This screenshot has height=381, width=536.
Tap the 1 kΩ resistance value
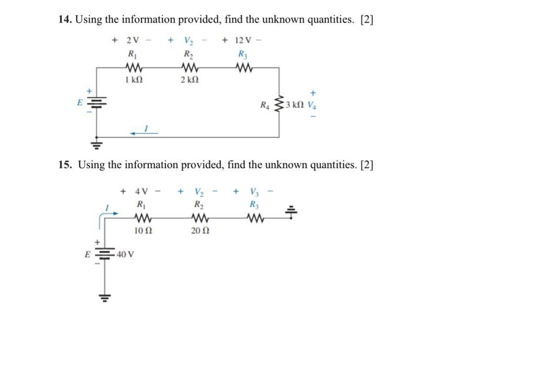click(x=133, y=80)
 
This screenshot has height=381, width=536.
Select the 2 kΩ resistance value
click(x=189, y=80)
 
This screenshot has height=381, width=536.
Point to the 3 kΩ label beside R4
click(x=295, y=105)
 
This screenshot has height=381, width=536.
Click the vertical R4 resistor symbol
click(x=279, y=104)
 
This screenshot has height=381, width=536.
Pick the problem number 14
click(x=64, y=20)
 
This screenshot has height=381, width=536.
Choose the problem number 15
click(x=64, y=165)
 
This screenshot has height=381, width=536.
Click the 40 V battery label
click(x=125, y=255)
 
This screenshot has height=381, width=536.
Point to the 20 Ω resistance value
click(x=199, y=231)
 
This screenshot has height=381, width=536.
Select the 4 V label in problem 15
click(x=142, y=192)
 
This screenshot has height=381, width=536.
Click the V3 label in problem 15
click(x=254, y=192)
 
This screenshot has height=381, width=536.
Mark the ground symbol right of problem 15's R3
click(x=292, y=212)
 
